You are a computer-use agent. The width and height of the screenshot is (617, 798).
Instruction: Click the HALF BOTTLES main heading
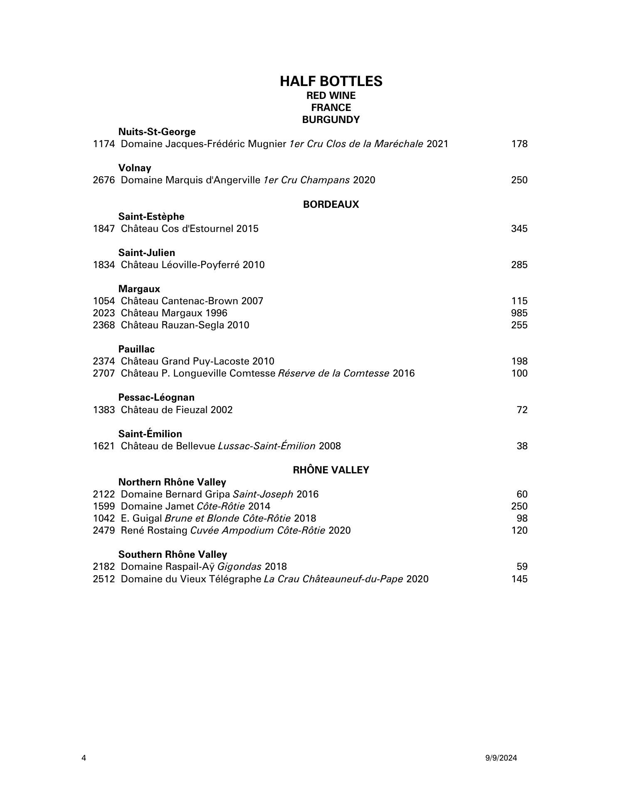331,81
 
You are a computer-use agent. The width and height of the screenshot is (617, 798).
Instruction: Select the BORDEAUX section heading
331,204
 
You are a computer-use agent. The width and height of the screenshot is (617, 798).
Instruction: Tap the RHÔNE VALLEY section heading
331,470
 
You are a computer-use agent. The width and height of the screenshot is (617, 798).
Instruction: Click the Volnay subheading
135,168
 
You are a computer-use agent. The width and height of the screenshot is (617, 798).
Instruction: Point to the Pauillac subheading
136,349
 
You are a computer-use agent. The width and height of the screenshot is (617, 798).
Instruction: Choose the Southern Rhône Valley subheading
173,554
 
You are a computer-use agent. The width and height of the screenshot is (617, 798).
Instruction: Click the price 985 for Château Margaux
519,313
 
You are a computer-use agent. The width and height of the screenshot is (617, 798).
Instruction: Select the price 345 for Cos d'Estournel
519,229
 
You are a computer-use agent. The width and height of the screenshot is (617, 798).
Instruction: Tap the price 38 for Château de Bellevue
522,446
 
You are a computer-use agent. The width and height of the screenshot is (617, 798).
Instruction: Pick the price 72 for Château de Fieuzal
522,410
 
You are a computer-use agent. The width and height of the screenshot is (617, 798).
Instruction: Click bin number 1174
104,144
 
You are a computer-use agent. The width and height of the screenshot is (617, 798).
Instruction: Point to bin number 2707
104,373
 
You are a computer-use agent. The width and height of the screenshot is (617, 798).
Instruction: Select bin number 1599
104,506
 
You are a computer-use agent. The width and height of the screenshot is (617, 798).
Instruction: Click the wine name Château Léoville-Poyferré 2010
193,265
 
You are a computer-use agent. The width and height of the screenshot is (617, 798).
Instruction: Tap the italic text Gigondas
239,566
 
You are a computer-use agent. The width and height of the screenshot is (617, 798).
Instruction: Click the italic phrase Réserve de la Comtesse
333,373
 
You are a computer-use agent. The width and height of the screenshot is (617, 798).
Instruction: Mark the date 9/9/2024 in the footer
501,758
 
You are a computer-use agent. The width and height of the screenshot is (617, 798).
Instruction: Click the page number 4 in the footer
84,758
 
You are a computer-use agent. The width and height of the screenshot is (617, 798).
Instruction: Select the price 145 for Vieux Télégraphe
519,579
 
